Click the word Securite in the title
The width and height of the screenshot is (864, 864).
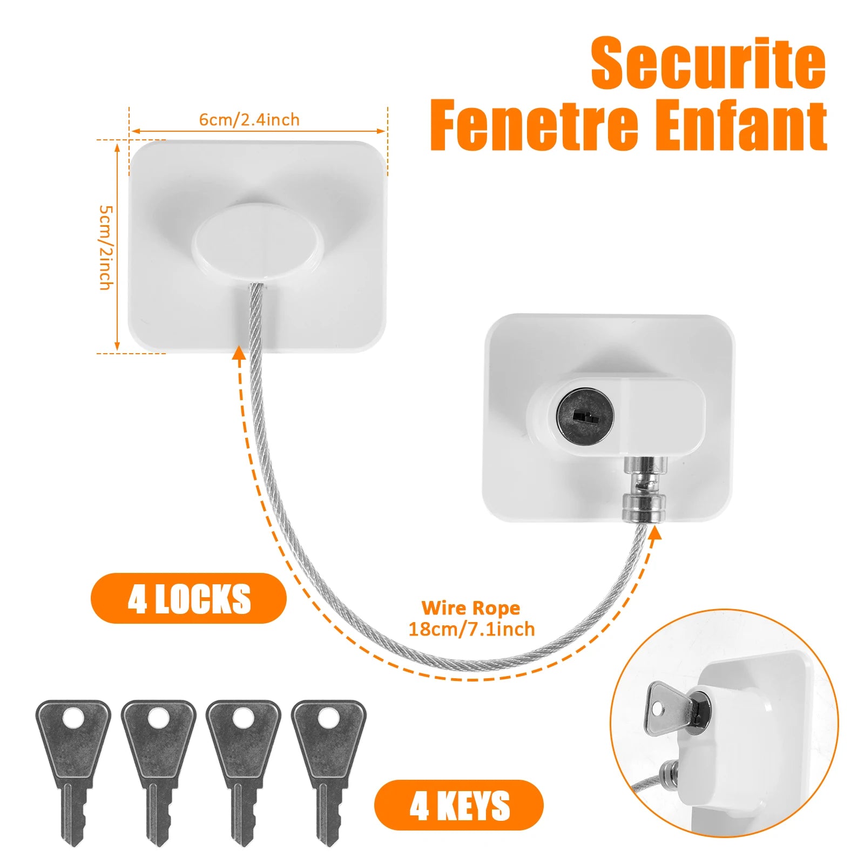pos(708,64)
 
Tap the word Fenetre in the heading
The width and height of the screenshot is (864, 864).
pos(534,125)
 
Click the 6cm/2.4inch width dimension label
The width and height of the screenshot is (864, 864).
pos(249,119)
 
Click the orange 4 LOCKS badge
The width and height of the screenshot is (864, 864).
pos(188,598)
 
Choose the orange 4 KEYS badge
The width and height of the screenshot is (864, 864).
pos(459,805)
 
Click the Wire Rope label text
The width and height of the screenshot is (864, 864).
pos(470,608)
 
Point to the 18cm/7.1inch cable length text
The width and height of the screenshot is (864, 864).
pos(471,629)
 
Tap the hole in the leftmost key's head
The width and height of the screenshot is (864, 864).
pos(73,719)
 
